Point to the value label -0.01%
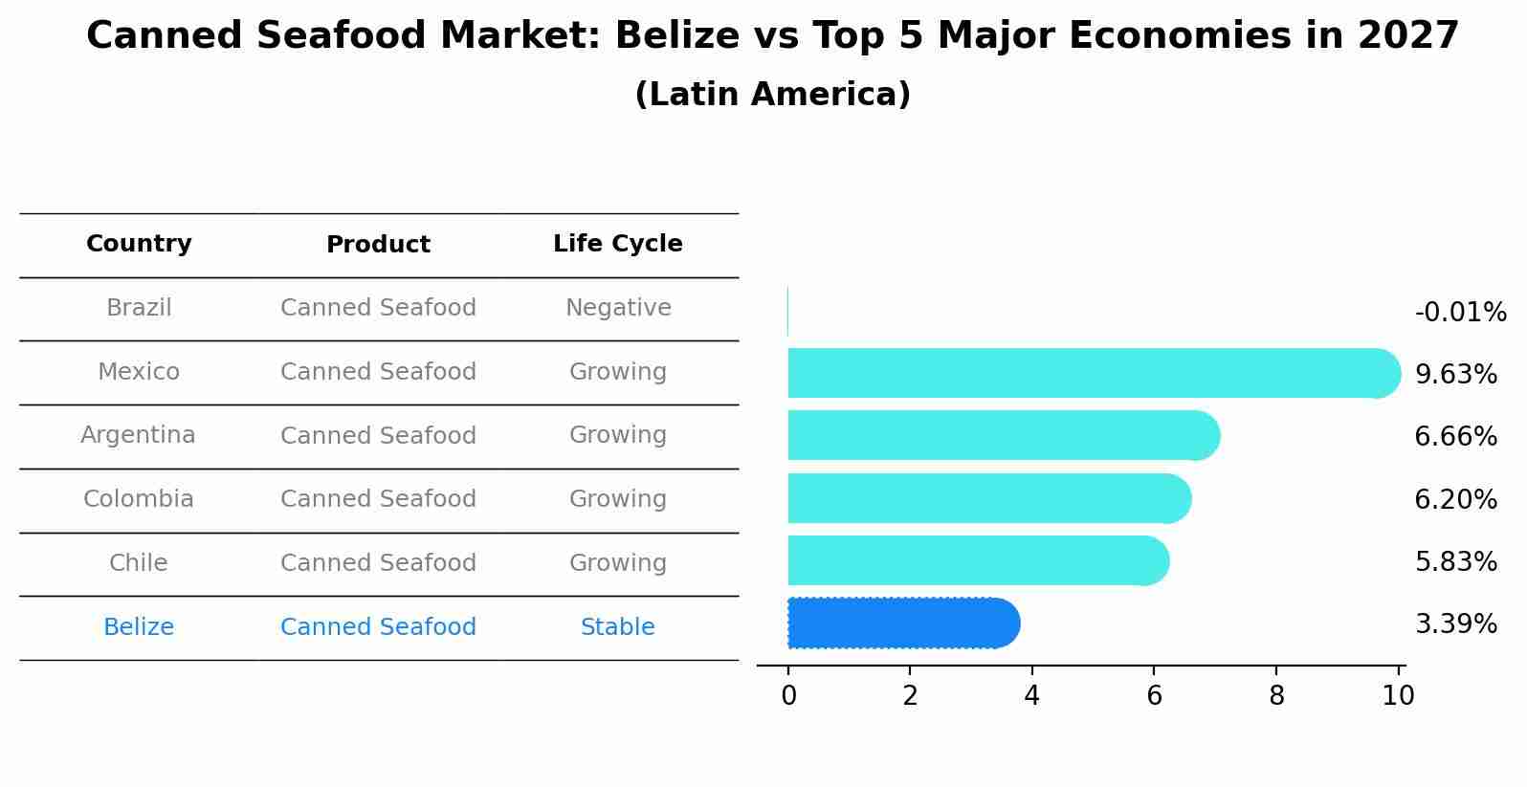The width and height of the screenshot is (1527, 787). (x=1460, y=313)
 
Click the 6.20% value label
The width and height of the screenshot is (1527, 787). (x=1455, y=499)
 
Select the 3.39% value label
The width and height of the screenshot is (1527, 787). (x=1455, y=624)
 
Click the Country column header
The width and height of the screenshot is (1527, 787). (x=139, y=244)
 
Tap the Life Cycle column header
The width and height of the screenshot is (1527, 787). (x=617, y=244)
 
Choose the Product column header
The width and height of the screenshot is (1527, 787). (x=378, y=245)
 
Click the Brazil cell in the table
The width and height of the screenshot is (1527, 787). (x=139, y=308)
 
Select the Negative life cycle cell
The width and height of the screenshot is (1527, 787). (x=618, y=308)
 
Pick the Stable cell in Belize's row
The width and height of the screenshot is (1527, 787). (x=617, y=627)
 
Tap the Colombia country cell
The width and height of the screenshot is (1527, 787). (x=139, y=499)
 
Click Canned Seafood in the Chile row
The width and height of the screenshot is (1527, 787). (x=378, y=563)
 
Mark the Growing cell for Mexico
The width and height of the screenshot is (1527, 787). (x=617, y=372)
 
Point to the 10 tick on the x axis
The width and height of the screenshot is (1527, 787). (x=1398, y=696)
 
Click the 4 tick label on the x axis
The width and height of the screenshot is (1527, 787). (x=1031, y=696)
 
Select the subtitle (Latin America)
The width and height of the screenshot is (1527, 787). (x=772, y=95)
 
